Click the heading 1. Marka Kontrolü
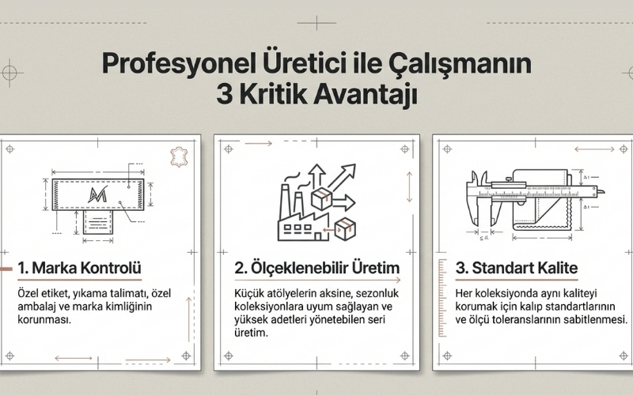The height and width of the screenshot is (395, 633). [81, 269]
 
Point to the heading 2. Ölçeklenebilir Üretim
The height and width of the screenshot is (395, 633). [316, 269]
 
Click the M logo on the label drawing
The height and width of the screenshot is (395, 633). [100, 192]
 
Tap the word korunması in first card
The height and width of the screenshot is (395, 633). [44, 320]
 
